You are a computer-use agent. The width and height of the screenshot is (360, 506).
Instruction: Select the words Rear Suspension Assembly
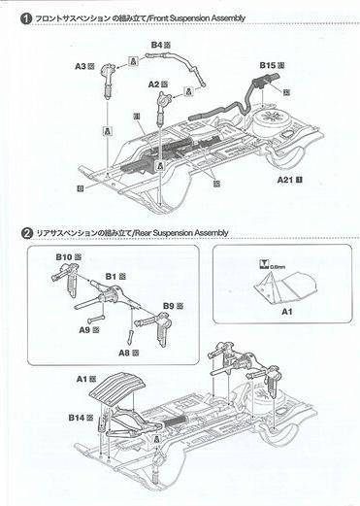click(x=184, y=233)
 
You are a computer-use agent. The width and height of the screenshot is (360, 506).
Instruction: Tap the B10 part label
click(x=66, y=256)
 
